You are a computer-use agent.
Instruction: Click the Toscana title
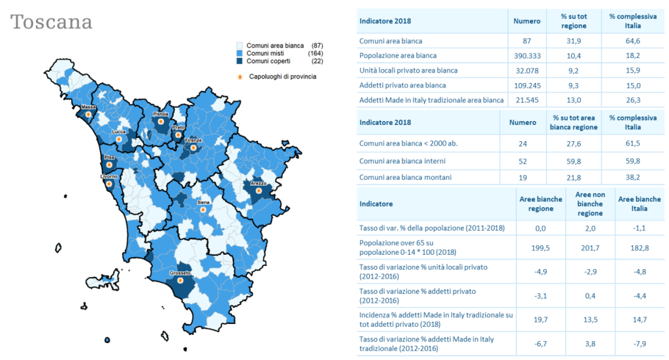click(x=52, y=22)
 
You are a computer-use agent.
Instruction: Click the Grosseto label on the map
click(x=180, y=272)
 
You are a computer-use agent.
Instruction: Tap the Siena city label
click(x=203, y=203)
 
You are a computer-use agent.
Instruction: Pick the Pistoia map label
click(x=161, y=114)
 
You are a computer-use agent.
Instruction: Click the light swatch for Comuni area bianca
click(x=240, y=44)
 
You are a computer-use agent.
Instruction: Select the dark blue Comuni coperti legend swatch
click(x=240, y=60)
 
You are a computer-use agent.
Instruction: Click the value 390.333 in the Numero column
click(x=527, y=56)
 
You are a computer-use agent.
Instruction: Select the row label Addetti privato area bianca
click(x=402, y=85)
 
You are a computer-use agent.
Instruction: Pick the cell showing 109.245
click(x=527, y=85)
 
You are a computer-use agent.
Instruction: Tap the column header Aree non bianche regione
click(x=589, y=204)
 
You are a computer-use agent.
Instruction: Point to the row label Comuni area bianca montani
click(x=405, y=177)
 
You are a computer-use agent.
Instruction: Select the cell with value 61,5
click(x=632, y=143)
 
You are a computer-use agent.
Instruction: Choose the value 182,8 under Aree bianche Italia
click(x=639, y=247)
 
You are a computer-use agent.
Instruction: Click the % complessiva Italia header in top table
click(x=632, y=21)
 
